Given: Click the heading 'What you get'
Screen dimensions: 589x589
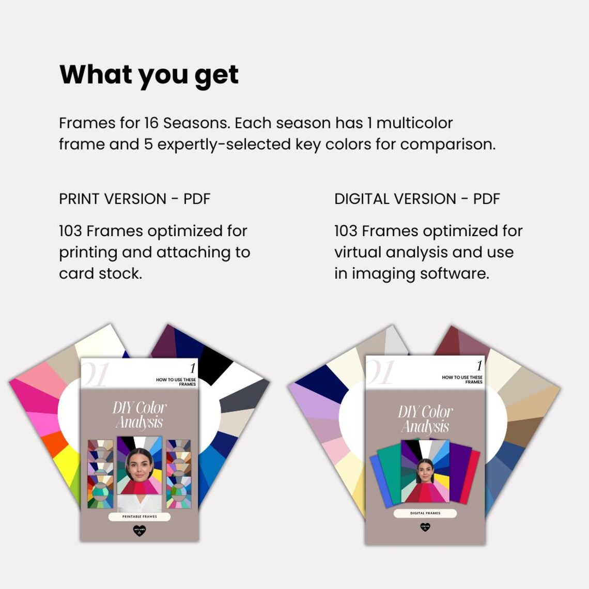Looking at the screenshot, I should tap(149, 75).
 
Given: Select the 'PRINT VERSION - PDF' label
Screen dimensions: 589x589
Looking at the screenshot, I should tap(134, 199).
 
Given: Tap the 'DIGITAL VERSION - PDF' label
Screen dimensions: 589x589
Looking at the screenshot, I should tap(417, 199).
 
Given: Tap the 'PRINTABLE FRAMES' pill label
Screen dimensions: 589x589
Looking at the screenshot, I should tap(139, 517).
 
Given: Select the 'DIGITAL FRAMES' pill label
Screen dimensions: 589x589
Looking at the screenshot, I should tap(425, 514).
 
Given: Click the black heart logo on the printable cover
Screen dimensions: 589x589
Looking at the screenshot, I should tap(139, 531).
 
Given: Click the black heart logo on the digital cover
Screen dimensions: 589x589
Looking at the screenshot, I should tap(425, 528).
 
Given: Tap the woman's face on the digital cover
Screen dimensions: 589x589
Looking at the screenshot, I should tap(425, 471).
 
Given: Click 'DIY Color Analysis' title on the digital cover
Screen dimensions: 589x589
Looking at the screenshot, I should tap(425, 419).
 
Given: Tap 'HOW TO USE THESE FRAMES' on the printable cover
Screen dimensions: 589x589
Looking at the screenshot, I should tap(176, 382).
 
